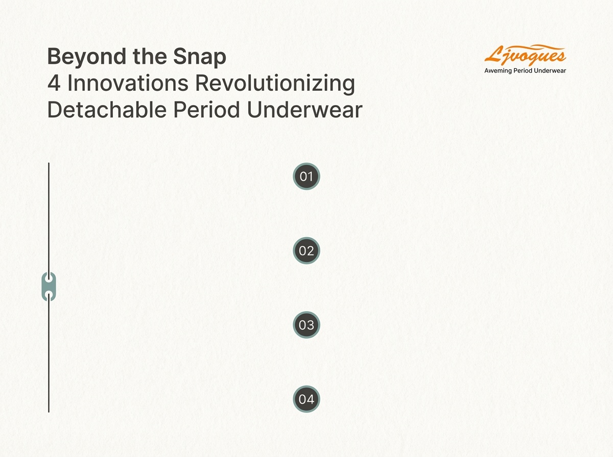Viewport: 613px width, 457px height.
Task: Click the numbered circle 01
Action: (306, 177)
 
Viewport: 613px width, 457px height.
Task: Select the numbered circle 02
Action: (306, 250)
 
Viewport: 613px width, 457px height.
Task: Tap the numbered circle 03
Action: (306, 324)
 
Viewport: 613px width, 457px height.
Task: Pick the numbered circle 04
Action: (306, 399)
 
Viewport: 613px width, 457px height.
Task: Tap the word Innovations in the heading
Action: (127, 84)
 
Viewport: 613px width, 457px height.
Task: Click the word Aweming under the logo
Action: (499, 70)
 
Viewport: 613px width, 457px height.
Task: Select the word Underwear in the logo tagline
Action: (547, 70)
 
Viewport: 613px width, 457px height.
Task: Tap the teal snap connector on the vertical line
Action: (49, 286)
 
